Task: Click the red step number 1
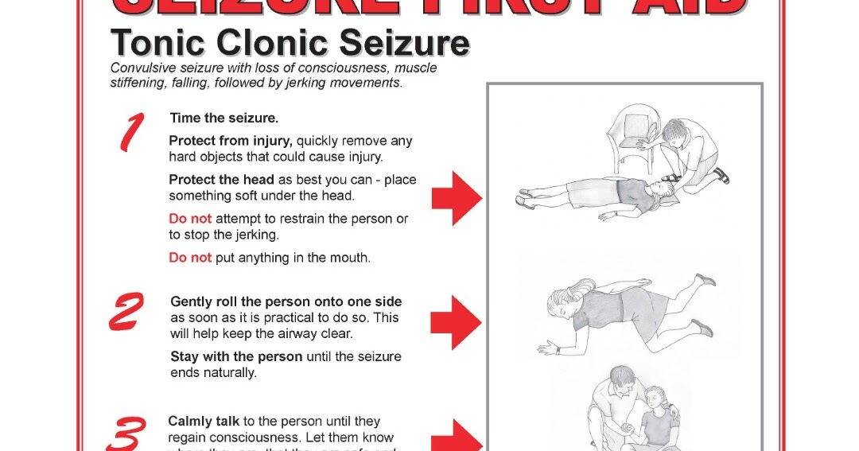(131, 132)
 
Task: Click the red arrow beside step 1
(457, 198)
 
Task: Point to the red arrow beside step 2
(456, 322)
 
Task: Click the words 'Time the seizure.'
(223, 118)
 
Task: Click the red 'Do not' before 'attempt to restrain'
(190, 219)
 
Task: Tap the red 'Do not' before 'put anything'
(190, 258)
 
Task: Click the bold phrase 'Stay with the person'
(236, 356)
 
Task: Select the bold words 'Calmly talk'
(204, 422)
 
